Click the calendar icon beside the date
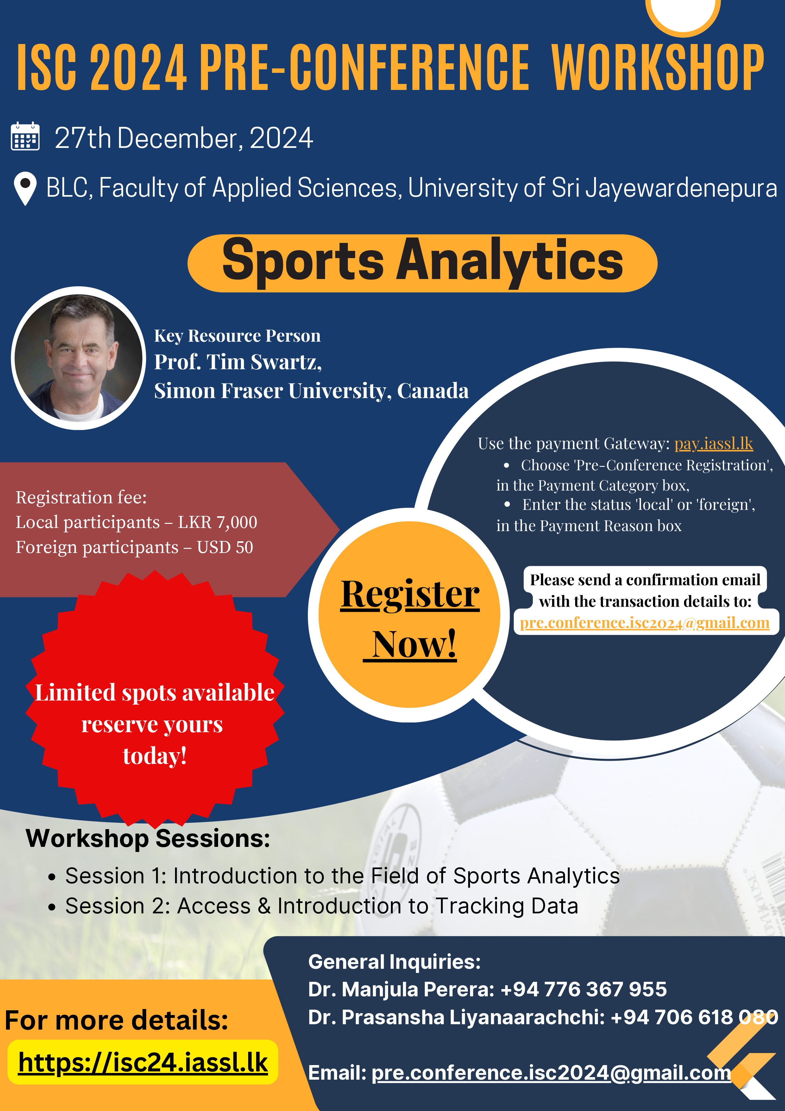point(25,136)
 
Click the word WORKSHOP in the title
point(658,68)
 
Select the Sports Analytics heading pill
point(422,263)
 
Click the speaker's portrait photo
point(78,358)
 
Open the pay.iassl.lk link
point(713,443)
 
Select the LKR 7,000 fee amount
point(218,522)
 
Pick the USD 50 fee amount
point(225,547)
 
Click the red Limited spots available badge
point(155,700)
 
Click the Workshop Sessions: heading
point(148,839)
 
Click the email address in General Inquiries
point(551,1073)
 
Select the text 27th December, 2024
point(184,138)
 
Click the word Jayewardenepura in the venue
point(681,188)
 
